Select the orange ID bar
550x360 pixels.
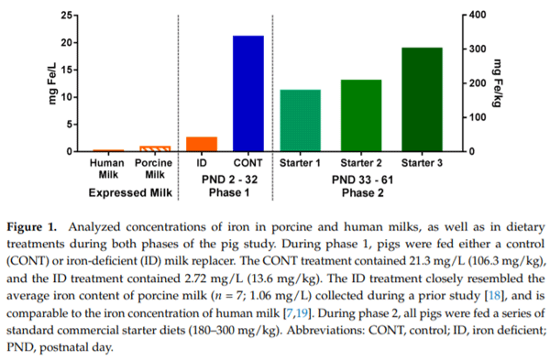202,144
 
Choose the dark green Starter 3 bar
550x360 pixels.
422,99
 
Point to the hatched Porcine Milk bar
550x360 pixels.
154,148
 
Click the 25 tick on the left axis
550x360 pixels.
63,16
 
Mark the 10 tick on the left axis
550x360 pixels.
63,97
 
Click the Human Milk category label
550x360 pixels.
108,169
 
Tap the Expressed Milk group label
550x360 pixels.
131,193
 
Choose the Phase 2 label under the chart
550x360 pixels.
361,193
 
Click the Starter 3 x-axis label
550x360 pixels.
422,163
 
